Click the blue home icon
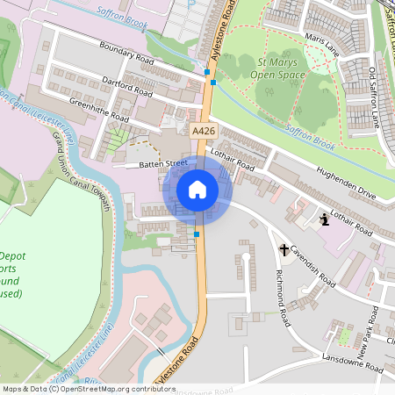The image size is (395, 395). click(197, 190)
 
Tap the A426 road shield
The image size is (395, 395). click(204, 130)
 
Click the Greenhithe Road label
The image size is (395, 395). click(99, 111)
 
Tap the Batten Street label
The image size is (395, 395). click(140, 164)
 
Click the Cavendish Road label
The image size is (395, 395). click(312, 266)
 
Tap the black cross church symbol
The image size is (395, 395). click(284, 249)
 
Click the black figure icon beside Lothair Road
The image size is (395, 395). click(326, 219)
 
